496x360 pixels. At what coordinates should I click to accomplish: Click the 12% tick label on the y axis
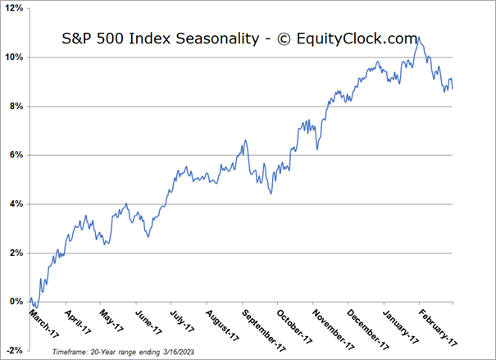pyautogui.click(x=15, y=9)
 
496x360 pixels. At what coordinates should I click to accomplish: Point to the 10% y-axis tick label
pyautogui.click(x=15, y=57)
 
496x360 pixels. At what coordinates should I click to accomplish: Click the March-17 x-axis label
pyautogui.click(x=43, y=320)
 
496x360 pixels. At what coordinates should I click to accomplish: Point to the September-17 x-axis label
pyautogui.click(x=260, y=325)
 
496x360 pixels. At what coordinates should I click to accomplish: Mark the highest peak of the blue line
pyautogui.click(x=419, y=37)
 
